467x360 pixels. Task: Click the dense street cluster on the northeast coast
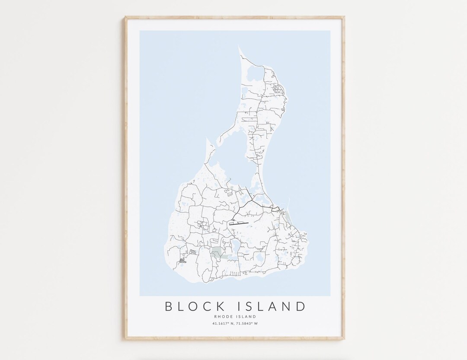coord(277,89)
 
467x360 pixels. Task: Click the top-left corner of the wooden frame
coord(126,17)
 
